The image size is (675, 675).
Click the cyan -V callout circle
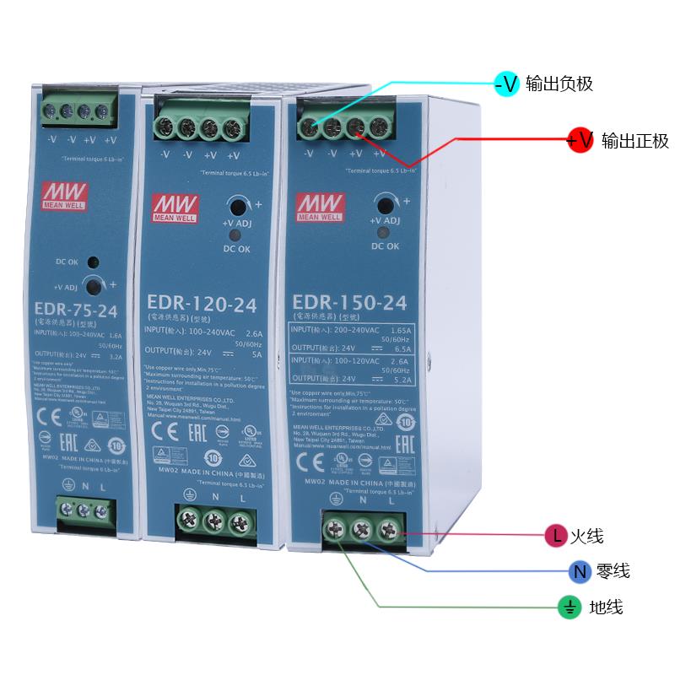505,83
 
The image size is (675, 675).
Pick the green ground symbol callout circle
569,607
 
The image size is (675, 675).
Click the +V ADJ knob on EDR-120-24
237,207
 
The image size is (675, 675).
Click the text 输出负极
559,84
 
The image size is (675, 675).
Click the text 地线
606,607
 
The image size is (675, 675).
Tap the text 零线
613,571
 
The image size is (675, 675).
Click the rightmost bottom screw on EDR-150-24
387,530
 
